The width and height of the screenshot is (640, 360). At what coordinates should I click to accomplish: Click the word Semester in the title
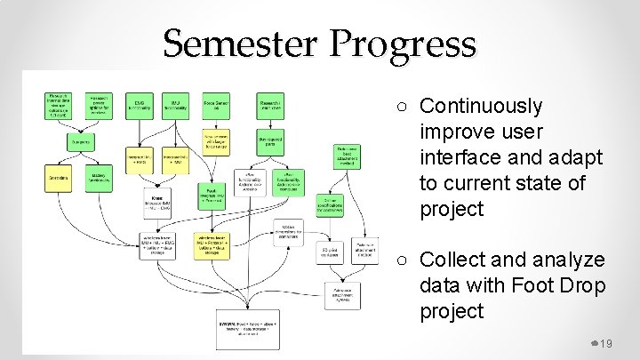click(236, 44)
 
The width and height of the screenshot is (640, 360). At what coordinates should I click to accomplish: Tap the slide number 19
click(607, 344)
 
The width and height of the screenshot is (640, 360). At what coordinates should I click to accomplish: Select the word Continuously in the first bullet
click(480, 106)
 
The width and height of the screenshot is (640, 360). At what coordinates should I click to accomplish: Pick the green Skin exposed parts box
click(268, 140)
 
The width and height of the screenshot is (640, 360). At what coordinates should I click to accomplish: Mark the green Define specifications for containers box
click(329, 206)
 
